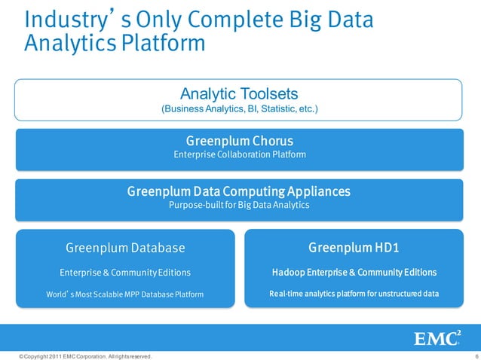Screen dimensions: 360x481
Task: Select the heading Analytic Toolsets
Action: click(240, 94)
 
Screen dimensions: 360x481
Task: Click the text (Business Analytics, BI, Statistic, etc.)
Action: click(240, 110)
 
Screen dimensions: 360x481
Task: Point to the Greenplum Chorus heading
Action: click(240, 141)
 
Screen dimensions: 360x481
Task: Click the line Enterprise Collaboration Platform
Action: click(240, 154)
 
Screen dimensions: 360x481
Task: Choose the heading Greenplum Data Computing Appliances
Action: click(240, 191)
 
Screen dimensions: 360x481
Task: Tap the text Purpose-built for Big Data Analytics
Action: click(240, 205)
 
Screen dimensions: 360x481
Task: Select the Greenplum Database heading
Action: click(125, 247)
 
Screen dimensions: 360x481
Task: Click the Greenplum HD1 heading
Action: click(354, 247)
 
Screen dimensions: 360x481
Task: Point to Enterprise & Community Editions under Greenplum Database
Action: click(125, 272)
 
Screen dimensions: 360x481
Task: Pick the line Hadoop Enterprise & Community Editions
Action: click(354, 272)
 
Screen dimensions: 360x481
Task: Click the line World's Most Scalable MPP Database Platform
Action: click(125, 293)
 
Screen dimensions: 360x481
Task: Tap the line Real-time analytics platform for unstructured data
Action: click(354, 293)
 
